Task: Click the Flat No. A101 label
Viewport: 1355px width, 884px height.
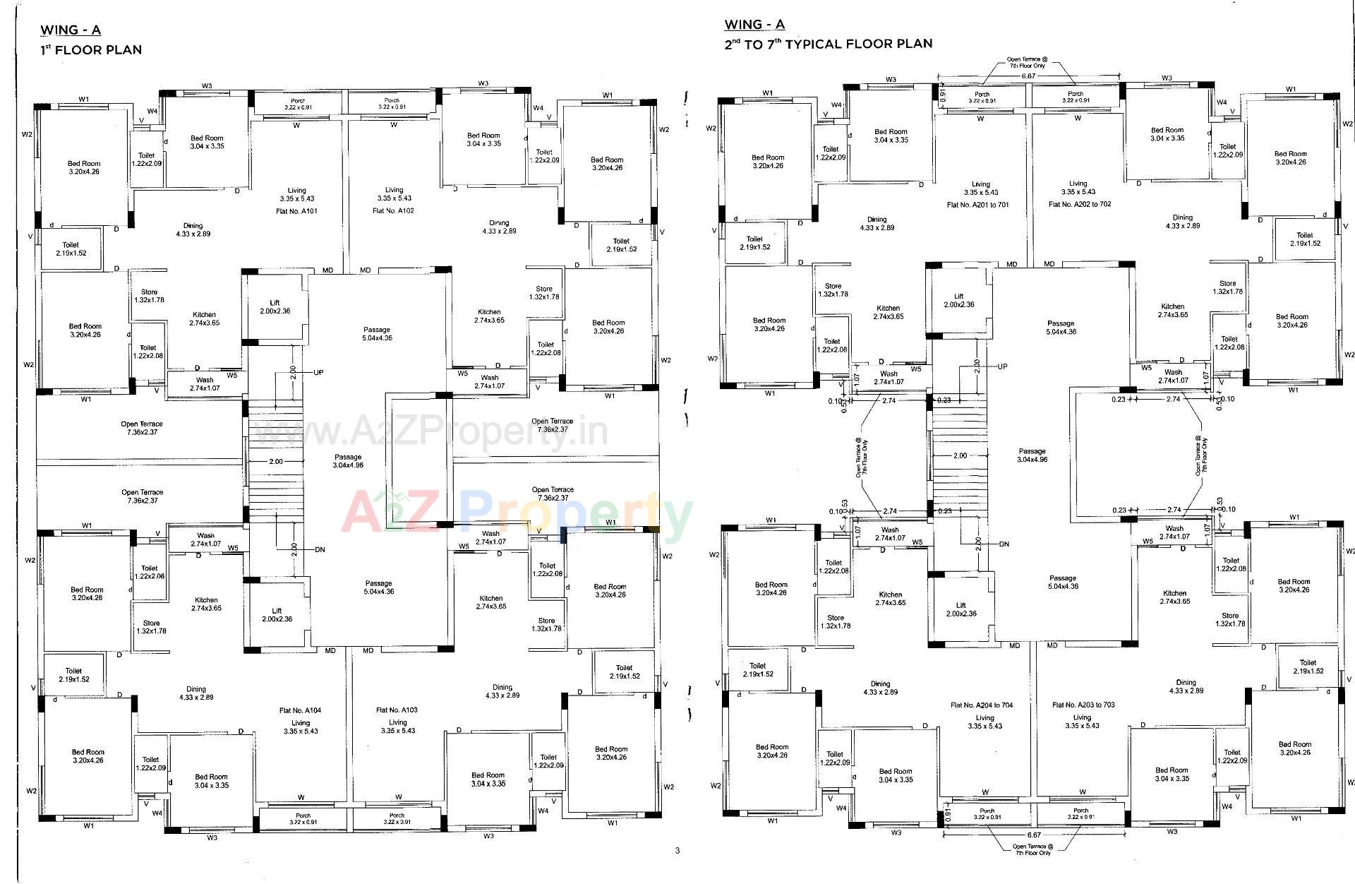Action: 296,210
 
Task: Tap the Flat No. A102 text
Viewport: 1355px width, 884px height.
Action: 393,210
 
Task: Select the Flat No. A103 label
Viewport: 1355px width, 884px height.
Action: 397,710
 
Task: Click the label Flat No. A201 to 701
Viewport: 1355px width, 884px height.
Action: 977,205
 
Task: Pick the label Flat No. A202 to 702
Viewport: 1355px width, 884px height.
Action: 1080,204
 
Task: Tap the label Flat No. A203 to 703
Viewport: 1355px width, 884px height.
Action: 1083,705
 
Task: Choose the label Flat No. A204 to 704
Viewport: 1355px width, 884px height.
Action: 982,705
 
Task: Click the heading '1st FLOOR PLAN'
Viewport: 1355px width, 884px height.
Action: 91,50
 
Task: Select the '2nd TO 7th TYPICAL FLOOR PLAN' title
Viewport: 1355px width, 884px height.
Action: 828,44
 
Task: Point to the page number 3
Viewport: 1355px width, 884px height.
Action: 677,850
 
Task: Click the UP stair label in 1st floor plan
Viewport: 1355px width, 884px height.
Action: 318,372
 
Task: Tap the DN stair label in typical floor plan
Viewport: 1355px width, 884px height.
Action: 1005,544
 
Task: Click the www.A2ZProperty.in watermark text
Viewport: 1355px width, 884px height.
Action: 430,430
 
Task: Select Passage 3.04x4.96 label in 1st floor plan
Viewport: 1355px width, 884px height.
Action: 348,461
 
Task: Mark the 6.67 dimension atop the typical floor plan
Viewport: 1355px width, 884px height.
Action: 1028,76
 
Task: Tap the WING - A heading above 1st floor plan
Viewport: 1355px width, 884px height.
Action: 71,30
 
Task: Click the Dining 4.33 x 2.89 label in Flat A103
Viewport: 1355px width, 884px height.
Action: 502,691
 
